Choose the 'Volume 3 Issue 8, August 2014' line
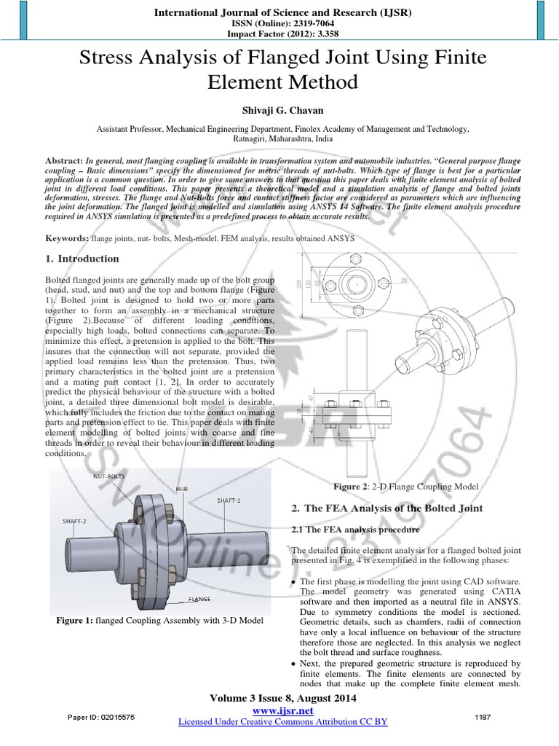pyautogui.click(x=282, y=699)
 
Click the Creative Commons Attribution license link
pyautogui.click(x=282, y=721)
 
